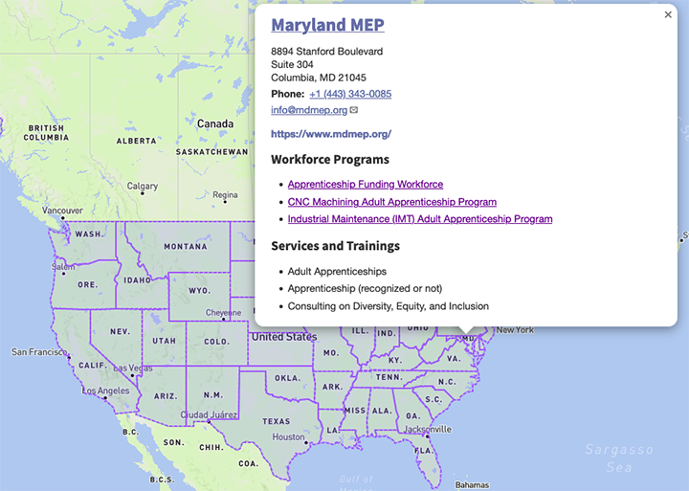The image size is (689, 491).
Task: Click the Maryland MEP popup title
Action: [327, 26]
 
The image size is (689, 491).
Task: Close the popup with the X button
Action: [668, 14]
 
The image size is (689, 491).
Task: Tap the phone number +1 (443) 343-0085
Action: [350, 94]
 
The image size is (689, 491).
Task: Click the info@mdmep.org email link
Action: [309, 110]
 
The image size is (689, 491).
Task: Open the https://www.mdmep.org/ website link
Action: [331, 134]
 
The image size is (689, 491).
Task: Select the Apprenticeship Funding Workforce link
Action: [366, 184]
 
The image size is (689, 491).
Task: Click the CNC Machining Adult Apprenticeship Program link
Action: [392, 202]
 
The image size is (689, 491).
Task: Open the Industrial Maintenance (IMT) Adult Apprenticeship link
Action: [420, 219]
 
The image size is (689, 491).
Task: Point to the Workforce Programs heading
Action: [330, 160]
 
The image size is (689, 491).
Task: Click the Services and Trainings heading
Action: [335, 246]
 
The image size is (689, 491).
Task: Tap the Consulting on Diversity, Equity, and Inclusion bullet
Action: [389, 306]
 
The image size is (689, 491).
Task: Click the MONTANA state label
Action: [185, 246]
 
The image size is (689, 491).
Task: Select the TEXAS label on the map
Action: [276, 421]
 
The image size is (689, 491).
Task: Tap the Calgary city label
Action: [143, 187]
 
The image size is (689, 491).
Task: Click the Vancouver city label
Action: [63, 211]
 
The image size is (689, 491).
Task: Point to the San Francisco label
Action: [38, 352]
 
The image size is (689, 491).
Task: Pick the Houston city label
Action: [288, 436]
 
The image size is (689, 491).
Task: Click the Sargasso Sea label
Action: [618, 458]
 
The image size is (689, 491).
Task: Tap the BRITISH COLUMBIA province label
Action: [46, 132]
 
